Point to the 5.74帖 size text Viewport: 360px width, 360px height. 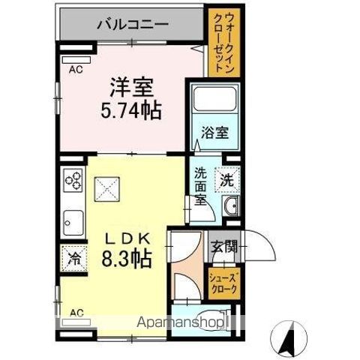pyautogui.click(x=130, y=111)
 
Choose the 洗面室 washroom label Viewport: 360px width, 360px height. pyautogui.click(x=201, y=185)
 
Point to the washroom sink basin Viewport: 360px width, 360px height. pyautogui.click(x=229, y=207)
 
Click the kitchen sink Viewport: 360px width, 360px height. pyautogui.click(x=73, y=221)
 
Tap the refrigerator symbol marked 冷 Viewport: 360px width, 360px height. pyautogui.click(x=73, y=259)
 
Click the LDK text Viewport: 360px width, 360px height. pyautogui.click(x=130, y=238)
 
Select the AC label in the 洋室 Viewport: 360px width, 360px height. pyautogui.click(x=76, y=70)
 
